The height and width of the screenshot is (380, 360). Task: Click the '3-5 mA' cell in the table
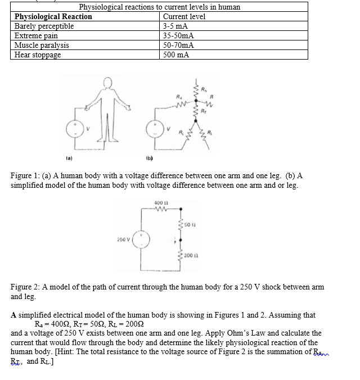pyautogui.click(x=175, y=26)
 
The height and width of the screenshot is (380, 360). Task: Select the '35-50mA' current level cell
pyautogui.click(x=178, y=35)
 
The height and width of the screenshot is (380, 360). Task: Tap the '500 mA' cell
pyautogui.click(x=176, y=55)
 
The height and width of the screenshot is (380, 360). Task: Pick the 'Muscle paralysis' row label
pyautogui.click(x=42, y=45)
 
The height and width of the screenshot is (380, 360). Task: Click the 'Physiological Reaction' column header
pyautogui.click(x=53, y=16)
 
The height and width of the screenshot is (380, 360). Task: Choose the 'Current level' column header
pyautogui.click(x=184, y=16)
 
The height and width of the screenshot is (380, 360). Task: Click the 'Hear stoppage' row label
pyautogui.click(x=38, y=55)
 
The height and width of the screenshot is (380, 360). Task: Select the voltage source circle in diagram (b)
pyautogui.click(x=154, y=130)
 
